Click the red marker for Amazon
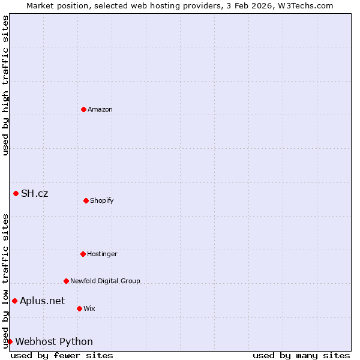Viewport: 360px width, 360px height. (83, 109)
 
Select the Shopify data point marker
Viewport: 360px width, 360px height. (86, 200)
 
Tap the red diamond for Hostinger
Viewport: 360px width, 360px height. (83, 254)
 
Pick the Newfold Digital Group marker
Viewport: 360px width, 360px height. (66, 281)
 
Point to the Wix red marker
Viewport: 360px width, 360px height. (79, 308)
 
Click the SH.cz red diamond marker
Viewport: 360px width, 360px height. (16, 193)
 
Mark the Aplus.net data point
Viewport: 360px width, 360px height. (14, 301)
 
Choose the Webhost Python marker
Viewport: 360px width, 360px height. (10, 341)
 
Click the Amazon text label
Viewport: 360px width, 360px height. (100, 109)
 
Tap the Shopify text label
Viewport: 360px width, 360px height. (102, 200)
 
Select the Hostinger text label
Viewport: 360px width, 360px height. (102, 254)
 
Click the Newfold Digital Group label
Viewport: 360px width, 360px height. (105, 281)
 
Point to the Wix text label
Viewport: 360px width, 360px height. (89, 308)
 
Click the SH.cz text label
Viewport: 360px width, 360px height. (35, 193)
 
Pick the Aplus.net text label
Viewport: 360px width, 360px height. (43, 301)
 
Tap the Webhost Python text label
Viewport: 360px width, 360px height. (54, 341)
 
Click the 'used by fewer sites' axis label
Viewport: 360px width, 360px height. (62, 355)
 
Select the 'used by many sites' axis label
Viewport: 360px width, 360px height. (301, 355)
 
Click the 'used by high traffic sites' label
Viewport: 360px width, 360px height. (5, 85)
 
